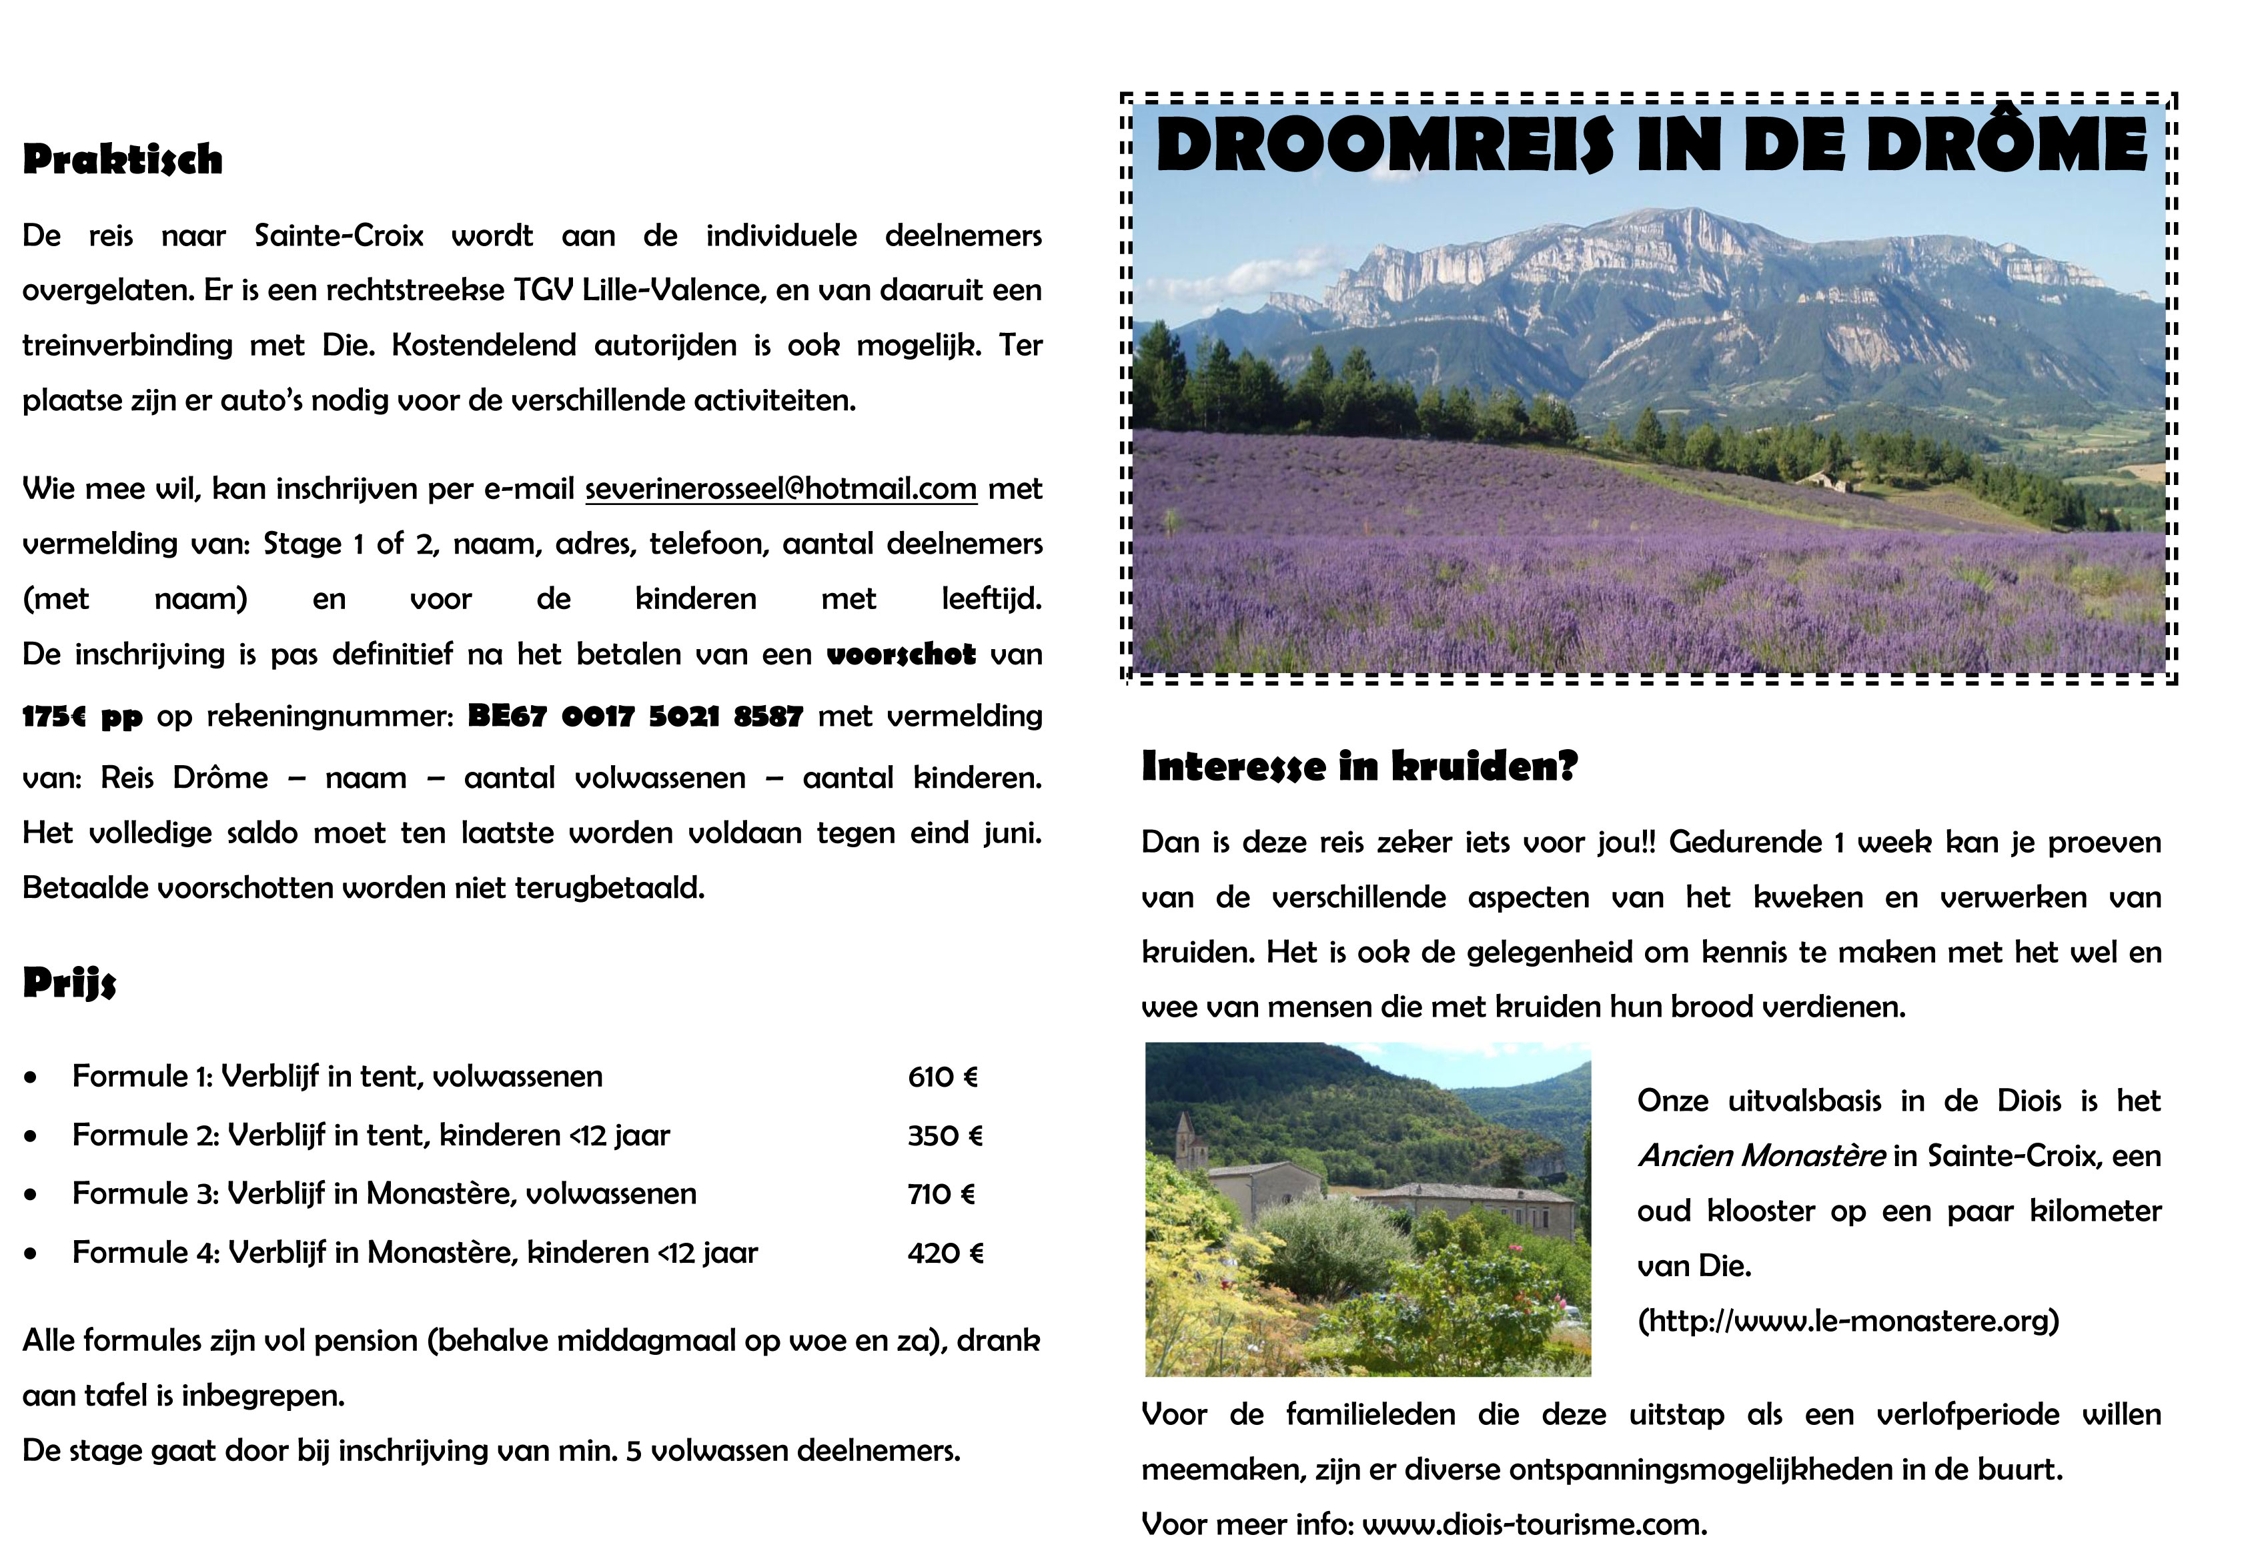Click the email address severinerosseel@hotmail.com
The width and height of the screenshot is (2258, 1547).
(780, 488)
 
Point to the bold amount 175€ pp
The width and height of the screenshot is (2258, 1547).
(83, 717)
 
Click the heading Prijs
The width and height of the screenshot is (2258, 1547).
(69, 983)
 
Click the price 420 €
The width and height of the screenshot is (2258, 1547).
(945, 1253)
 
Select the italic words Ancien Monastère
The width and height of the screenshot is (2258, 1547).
(1760, 1156)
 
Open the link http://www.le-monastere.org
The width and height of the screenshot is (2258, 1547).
(1848, 1321)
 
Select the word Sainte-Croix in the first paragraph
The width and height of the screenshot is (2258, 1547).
(338, 236)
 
